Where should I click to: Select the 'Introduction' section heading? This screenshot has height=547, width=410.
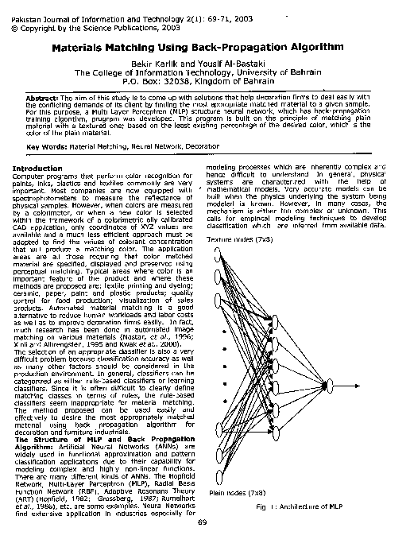click(38, 169)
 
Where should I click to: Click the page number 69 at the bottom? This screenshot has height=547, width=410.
click(202, 522)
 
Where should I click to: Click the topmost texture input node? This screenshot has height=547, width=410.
click(219, 253)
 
